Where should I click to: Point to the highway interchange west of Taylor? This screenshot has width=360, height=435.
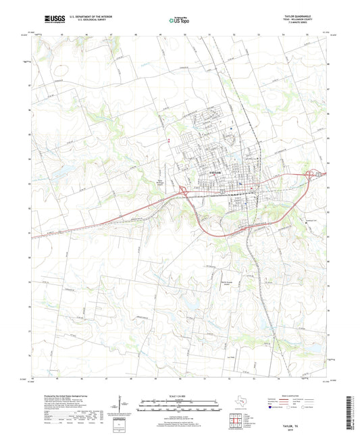pyautogui.click(x=183, y=193)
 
